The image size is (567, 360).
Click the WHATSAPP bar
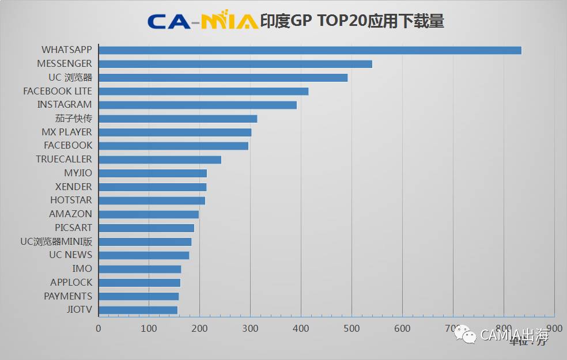pos(310,50)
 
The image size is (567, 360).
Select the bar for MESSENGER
pos(235,64)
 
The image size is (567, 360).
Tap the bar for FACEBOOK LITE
pos(203,91)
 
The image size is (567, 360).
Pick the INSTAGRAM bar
pos(198,105)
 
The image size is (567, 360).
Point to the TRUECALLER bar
pos(160,160)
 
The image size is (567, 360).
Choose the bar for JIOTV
pos(138,310)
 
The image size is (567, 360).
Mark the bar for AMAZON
pos(149,214)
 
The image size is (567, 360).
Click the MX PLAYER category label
pos(66,132)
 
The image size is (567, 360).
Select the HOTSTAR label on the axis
pos(71,200)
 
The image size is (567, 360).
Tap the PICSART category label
pos(73,228)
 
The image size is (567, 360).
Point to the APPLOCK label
pos(71,282)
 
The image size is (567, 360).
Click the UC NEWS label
pos(70,255)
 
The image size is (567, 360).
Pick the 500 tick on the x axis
pos(351,328)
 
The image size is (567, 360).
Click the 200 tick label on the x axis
pos(199,328)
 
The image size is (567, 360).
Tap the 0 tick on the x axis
pos(99,328)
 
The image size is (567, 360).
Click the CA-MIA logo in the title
pos(202,21)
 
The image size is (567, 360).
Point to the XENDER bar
pos(152,187)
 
